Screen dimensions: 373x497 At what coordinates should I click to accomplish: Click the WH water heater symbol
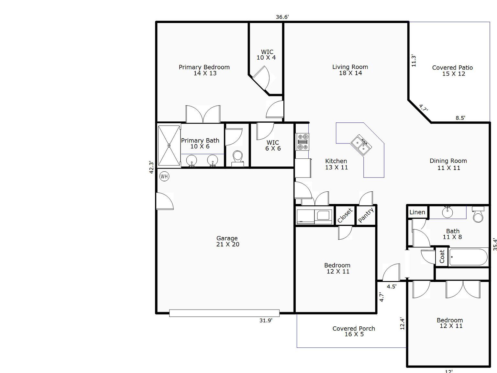click(164, 176)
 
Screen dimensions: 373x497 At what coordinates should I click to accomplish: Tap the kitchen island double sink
click(361, 145)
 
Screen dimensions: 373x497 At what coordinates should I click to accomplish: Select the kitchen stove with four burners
click(303, 142)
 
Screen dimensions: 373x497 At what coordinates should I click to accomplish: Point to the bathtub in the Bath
click(468, 257)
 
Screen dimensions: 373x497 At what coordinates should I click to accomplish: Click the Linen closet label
click(417, 212)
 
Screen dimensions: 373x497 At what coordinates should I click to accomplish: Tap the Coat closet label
click(442, 257)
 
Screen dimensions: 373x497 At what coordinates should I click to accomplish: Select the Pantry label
click(366, 215)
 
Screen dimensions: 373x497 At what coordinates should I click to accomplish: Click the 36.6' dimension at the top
click(282, 17)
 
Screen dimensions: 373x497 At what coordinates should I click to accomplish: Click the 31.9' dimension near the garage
click(266, 321)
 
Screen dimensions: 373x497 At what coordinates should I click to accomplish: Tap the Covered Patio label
click(453, 71)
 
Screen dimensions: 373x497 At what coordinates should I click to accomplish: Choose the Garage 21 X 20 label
click(227, 241)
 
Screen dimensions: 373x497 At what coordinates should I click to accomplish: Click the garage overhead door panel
click(224, 313)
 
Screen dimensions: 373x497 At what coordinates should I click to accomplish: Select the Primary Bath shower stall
click(169, 146)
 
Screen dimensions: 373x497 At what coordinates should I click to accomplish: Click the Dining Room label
click(448, 164)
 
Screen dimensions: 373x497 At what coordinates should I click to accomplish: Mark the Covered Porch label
click(354, 331)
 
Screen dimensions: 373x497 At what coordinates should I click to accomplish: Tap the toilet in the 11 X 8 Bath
click(478, 215)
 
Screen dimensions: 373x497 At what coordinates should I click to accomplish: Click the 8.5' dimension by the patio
click(460, 118)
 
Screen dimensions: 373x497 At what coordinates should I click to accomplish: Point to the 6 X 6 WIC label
click(273, 145)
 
